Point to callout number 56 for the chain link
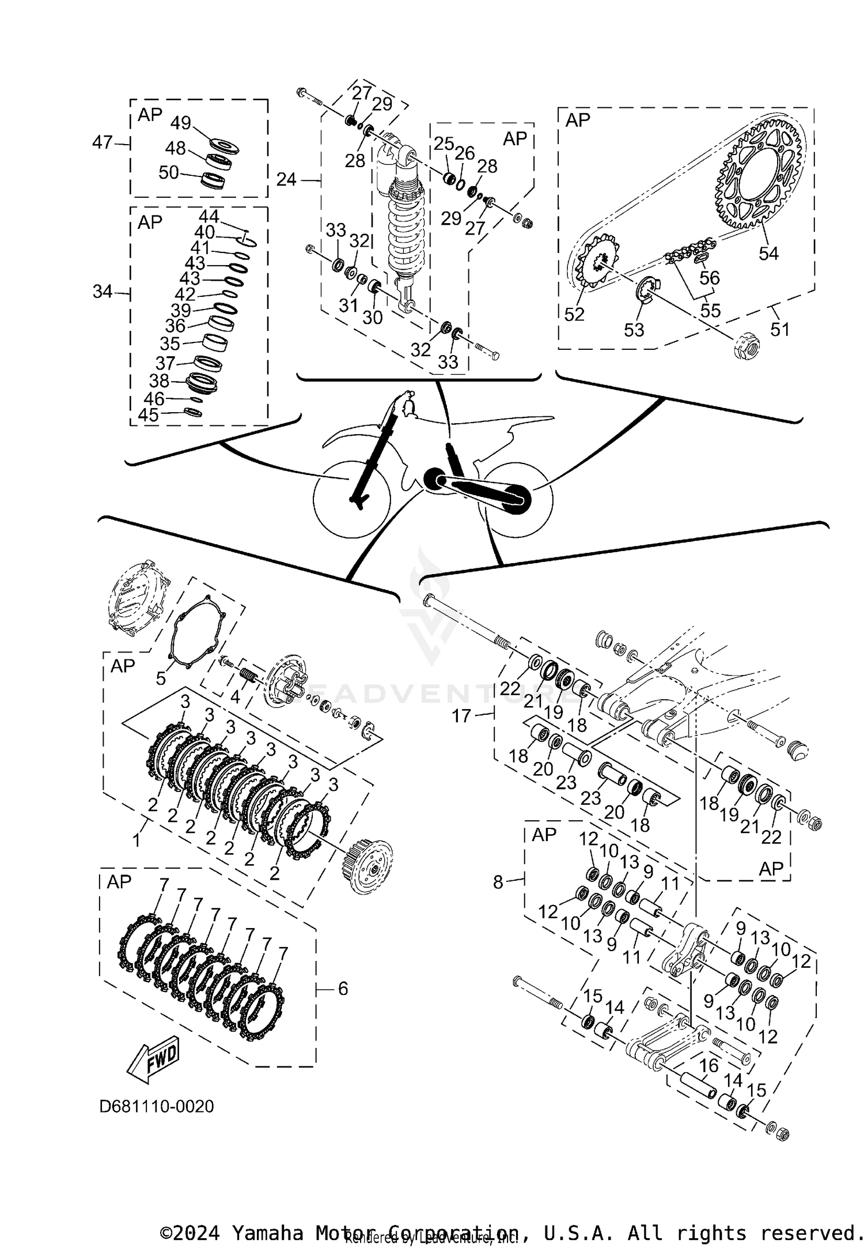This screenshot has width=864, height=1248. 710,278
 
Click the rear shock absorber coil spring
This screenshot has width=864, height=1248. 407,225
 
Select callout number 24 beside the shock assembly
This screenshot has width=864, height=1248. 286,180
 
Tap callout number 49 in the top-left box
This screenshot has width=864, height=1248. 180,123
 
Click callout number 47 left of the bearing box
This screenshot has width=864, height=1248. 102,142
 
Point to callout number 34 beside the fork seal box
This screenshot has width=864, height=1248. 103,292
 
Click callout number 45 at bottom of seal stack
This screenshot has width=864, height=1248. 148,415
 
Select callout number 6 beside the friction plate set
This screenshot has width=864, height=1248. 343,989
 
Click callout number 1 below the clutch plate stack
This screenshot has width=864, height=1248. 137,842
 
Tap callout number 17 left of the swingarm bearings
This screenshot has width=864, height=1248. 461,716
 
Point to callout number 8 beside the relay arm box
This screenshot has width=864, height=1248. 498,882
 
